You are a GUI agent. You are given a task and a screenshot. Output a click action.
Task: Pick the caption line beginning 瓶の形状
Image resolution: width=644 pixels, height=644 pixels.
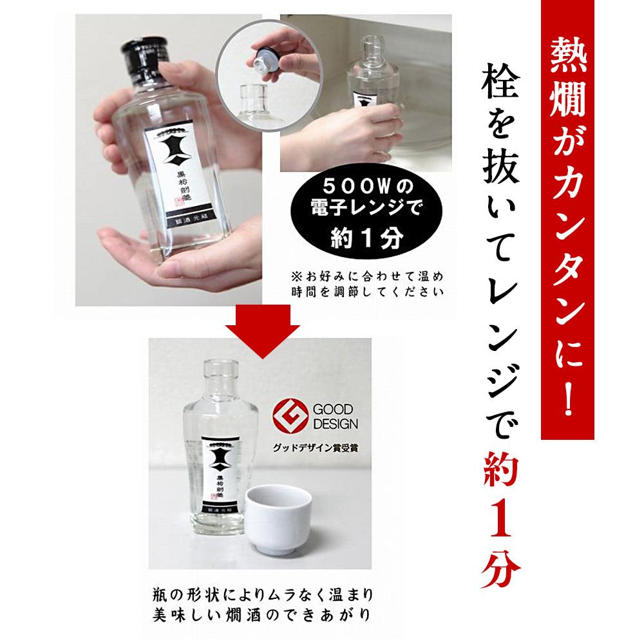pos(260,592)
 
